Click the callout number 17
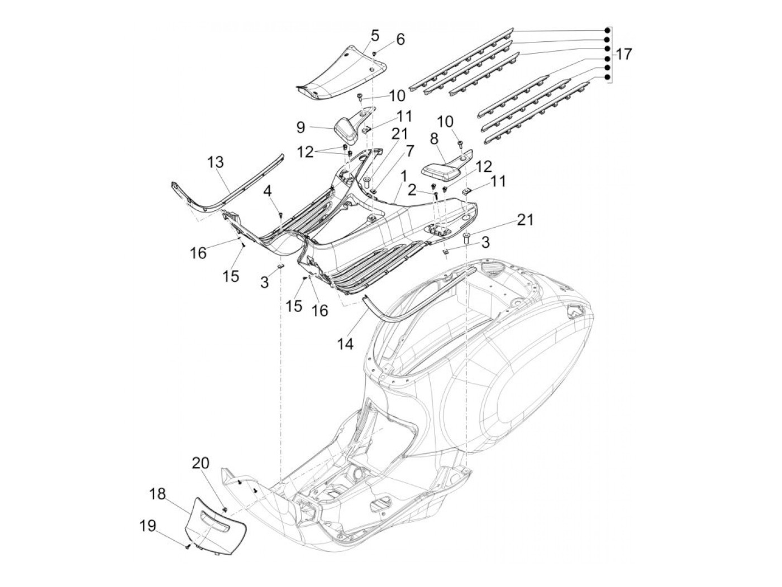623,54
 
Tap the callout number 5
374,36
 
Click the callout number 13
216,162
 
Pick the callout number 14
346,344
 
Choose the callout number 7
410,151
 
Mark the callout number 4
268,191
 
